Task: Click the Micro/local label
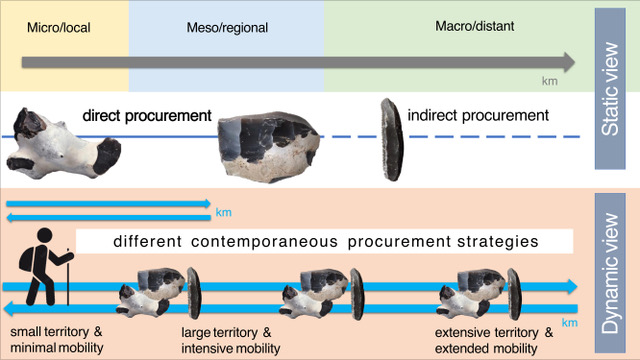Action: click(x=59, y=28)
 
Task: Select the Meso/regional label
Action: click(x=227, y=28)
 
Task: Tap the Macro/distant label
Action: click(x=475, y=26)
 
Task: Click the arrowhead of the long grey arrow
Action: click(x=569, y=62)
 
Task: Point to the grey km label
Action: click(x=549, y=81)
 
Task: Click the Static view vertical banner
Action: click(x=610, y=89)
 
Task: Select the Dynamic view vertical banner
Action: click(x=610, y=273)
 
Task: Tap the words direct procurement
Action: click(x=147, y=116)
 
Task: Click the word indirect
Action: click(x=433, y=115)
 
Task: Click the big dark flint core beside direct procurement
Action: click(x=269, y=146)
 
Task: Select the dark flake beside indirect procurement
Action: click(x=392, y=139)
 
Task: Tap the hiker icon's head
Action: click(x=44, y=236)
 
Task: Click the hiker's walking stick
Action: click(x=68, y=277)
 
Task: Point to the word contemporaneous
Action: click(x=264, y=241)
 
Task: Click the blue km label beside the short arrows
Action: click(x=224, y=213)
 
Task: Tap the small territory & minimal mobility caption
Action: click(x=57, y=340)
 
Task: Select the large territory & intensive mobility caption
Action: click(x=231, y=340)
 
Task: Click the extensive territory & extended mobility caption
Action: click(x=494, y=340)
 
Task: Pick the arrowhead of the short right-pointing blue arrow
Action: click(x=207, y=203)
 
